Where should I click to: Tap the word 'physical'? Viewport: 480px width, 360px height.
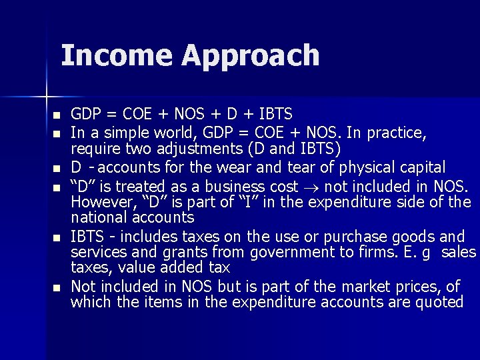pos(360,166)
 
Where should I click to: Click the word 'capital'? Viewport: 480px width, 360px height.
pos(419,166)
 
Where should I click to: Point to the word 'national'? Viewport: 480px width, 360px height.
pos(99,217)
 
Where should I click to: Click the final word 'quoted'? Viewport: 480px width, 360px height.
pos(437,302)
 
